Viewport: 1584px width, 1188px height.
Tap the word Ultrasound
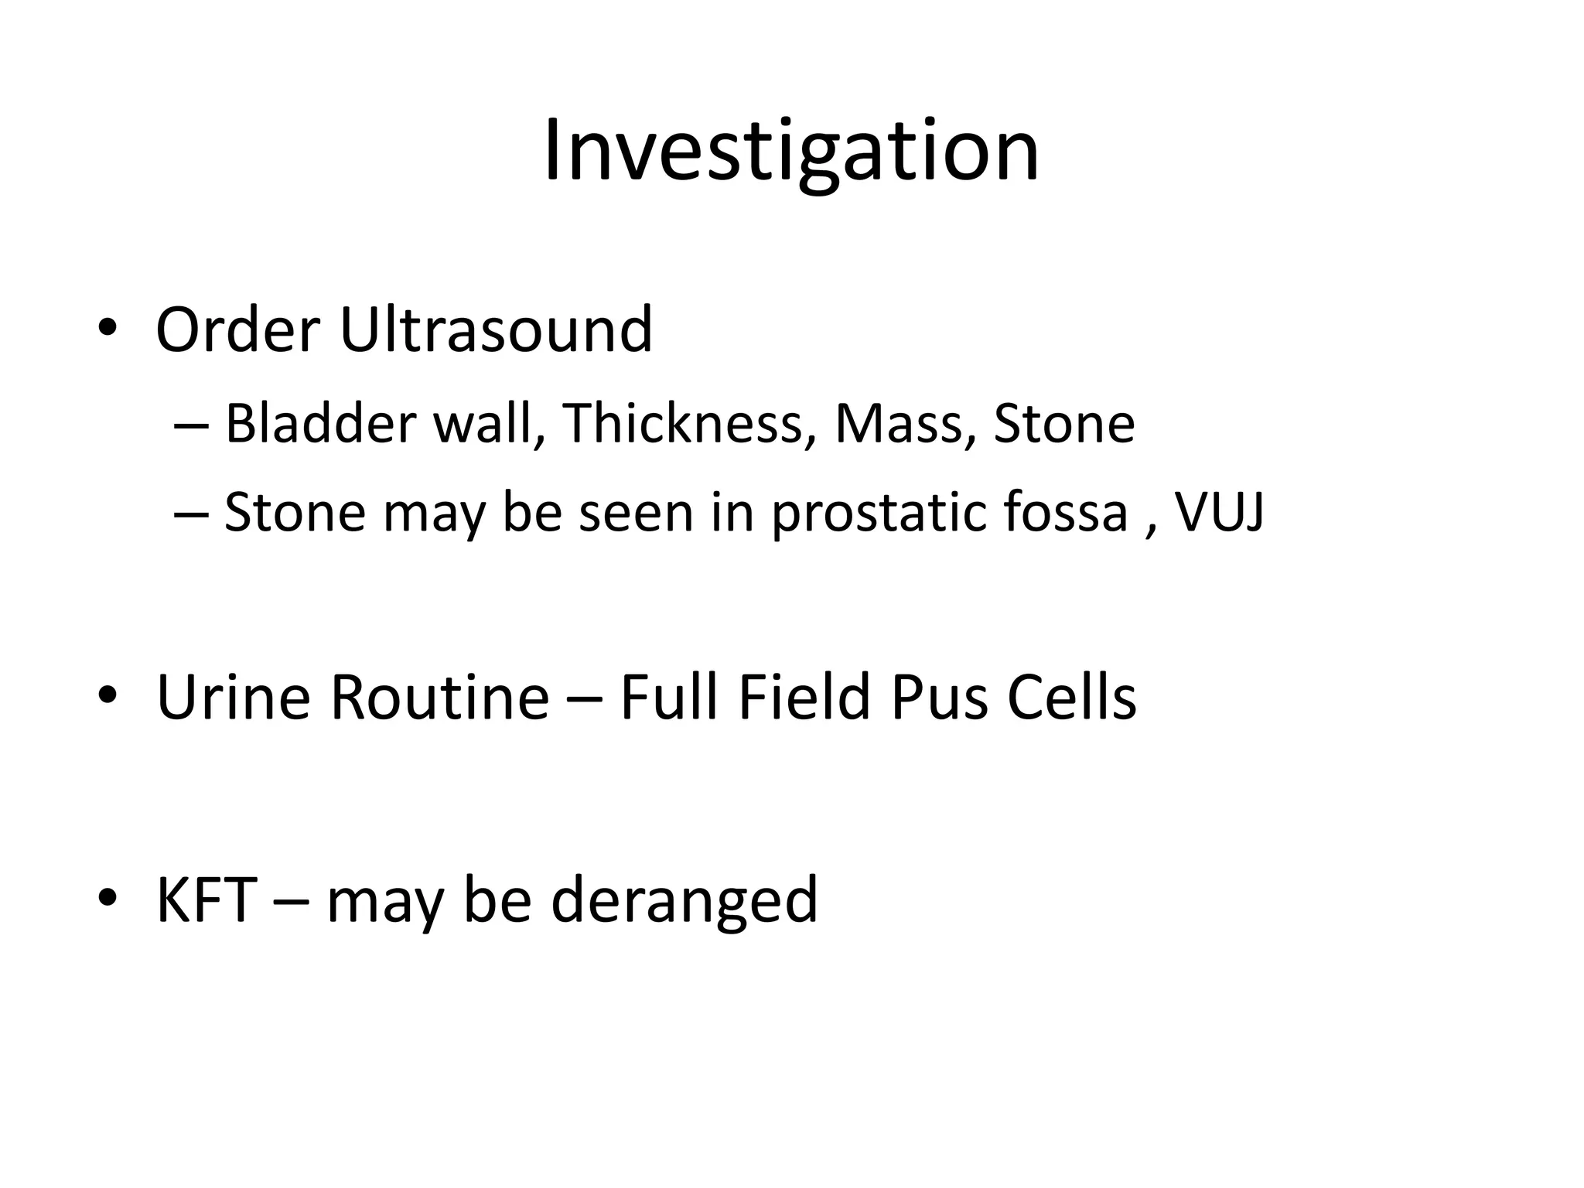click(x=496, y=329)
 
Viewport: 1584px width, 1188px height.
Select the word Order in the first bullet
click(x=237, y=329)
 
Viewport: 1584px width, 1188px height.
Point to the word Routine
click(x=439, y=698)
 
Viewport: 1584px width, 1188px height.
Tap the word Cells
click(x=1071, y=698)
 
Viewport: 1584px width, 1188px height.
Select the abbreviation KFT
click(x=207, y=900)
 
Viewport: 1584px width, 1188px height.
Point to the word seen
click(x=636, y=514)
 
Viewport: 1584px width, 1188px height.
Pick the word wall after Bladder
click(x=486, y=424)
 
